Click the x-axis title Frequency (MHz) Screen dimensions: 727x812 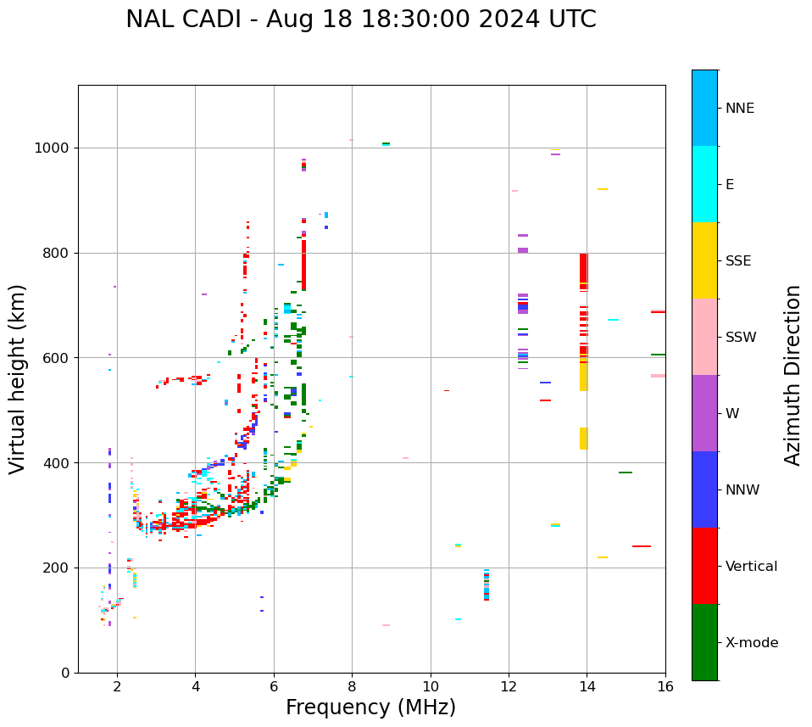tap(370, 707)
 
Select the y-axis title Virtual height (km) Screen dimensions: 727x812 tap(18, 378)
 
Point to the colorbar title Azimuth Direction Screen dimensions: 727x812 tap(793, 375)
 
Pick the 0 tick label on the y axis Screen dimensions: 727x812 tap(66, 673)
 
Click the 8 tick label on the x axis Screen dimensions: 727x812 tap(352, 686)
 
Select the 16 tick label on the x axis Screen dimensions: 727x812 tap(665, 686)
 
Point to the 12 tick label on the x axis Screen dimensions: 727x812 tap(509, 686)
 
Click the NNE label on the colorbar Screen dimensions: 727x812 tap(740, 109)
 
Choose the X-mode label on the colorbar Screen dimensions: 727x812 tap(752, 643)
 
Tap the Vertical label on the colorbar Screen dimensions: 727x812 tap(751, 567)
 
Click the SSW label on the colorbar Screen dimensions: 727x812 tap(741, 338)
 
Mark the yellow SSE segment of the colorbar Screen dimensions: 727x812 tap(704, 260)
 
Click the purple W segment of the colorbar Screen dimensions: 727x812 tap(704, 413)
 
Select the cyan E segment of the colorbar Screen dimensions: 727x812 tap(704, 184)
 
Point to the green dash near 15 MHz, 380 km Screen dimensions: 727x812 tap(626, 473)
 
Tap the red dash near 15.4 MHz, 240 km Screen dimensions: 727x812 tap(642, 546)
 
